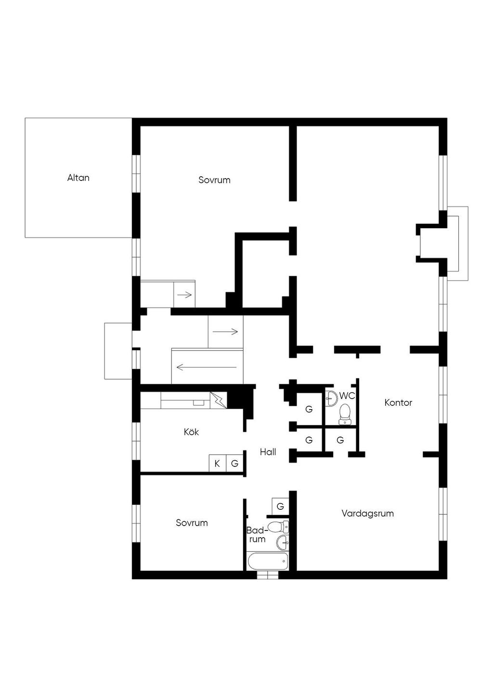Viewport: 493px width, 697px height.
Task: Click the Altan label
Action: pos(78,178)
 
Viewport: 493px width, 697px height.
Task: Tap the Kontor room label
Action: pos(398,402)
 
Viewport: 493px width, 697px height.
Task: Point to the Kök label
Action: pos(191,432)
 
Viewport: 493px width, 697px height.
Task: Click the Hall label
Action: pos(268,452)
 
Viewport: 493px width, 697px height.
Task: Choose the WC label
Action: pos(347,396)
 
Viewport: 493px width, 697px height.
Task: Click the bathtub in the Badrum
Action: pos(268,561)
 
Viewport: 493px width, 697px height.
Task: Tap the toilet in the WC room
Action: pos(345,414)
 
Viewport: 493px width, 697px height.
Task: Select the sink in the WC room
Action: pos(331,398)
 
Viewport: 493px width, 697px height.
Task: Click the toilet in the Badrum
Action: pos(278,527)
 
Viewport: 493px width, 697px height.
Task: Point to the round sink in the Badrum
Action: pos(282,542)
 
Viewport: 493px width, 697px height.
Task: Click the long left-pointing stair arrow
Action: pos(207,367)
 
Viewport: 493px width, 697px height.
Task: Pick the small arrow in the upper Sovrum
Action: pos(184,295)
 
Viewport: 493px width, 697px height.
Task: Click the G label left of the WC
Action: pos(309,409)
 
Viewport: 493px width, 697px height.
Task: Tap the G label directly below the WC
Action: pos(340,440)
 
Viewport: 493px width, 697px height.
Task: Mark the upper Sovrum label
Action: pos(214,180)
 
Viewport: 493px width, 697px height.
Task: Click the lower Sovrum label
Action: pos(192,523)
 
